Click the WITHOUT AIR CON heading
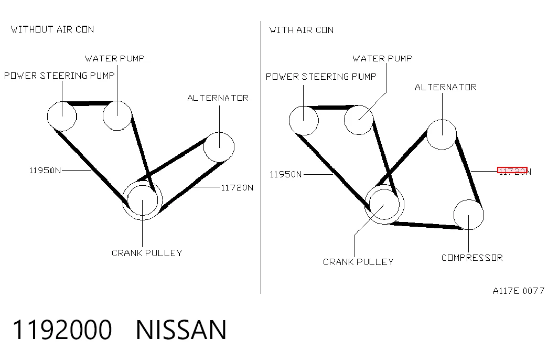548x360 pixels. [52, 29]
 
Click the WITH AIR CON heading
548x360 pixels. [301, 30]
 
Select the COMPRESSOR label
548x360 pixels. [472, 258]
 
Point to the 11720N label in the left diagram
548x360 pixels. [237, 188]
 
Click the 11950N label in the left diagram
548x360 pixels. [45, 171]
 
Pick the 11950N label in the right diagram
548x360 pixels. [285, 174]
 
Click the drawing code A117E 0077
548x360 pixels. [519, 291]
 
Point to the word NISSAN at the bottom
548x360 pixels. [181, 330]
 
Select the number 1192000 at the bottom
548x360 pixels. [62, 330]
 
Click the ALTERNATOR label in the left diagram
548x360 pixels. [218, 98]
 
